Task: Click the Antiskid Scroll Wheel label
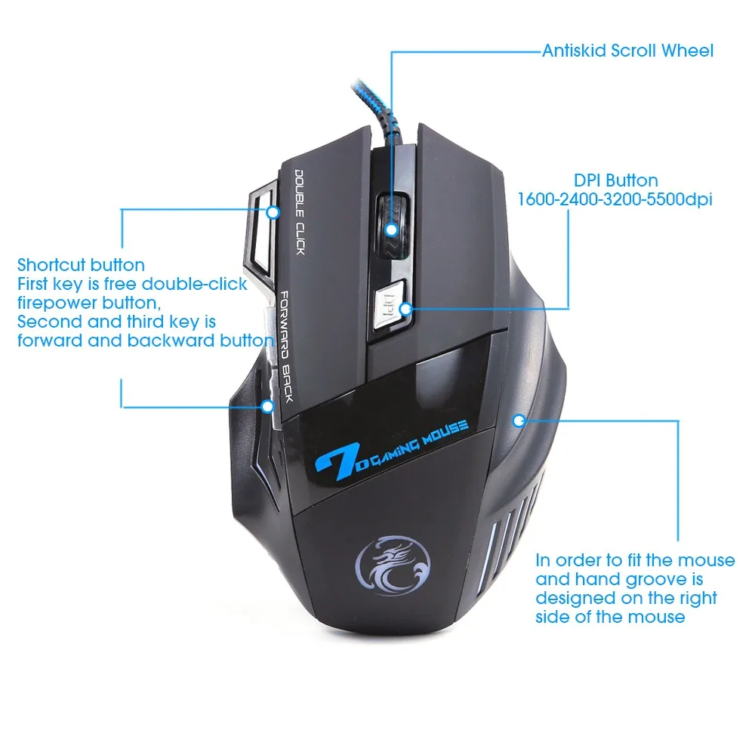(x=627, y=51)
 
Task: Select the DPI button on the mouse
(x=390, y=306)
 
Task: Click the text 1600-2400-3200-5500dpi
(x=615, y=200)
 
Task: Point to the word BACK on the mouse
(x=286, y=381)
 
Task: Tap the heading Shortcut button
(x=81, y=265)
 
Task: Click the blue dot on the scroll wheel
(x=391, y=228)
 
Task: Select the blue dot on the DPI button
(x=405, y=308)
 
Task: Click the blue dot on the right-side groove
(x=518, y=421)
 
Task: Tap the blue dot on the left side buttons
(x=267, y=406)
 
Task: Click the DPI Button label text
(x=615, y=180)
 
